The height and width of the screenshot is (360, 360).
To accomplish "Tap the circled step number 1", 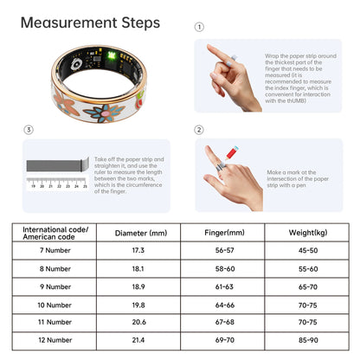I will pos(200,27).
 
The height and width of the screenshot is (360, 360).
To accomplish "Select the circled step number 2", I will pos(200,130).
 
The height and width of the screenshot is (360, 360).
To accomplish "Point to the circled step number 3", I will pos(28,130).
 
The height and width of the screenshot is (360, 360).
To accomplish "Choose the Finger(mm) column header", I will pos(224,232).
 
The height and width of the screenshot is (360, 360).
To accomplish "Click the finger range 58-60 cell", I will pos(224,268).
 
